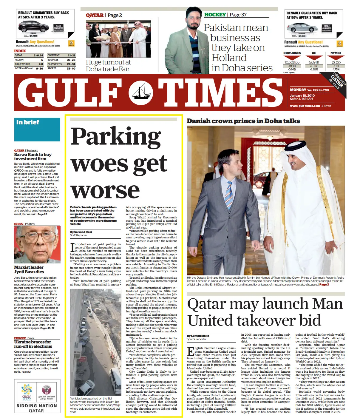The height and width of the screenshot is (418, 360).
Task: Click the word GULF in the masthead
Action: pyautogui.click(x=70, y=93)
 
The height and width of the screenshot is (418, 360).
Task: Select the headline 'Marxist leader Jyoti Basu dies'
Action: pyautogui.click(x=29, y=269)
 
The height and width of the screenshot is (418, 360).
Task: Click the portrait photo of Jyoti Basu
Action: pyautogui.click(x=37, y=244)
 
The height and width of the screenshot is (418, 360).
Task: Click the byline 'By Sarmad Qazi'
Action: pyautogui.click(x=81, y=232)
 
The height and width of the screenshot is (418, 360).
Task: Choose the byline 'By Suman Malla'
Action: pyautogui.click(x=198, y=336)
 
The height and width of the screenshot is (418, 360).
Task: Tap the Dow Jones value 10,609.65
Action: pyautogui.click(x=292, y=62)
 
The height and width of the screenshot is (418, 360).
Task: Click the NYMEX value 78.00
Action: pyautogui.click(x=336, y=62)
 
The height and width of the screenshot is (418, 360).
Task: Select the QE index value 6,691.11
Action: pyautogui.click(x=314, y=62)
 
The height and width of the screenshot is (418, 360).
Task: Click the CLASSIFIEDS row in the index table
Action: pyautogui.click(x=61, y=64)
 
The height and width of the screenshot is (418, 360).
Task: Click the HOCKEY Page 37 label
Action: pyautogui.click(x=225, y=15)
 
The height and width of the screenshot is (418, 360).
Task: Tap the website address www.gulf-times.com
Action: pyautogui.click(x=305, y=106)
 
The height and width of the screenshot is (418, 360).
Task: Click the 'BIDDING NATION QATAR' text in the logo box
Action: pyautogui.click(x=37, y=408)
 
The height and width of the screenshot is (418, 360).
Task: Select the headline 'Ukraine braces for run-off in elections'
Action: pyautogui.click(x=33, y=344)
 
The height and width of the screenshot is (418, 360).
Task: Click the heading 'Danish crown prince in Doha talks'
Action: pyautogui.click(x=243, y=121)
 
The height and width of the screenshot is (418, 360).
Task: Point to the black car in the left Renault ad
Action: pyautogui.click(x=33, y=27)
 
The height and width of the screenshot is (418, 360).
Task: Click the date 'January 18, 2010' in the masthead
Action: pyautogui.click(x=302, y=95)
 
